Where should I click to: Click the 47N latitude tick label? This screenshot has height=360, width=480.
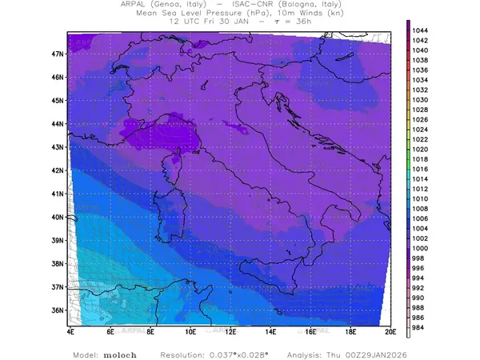pos(58,54)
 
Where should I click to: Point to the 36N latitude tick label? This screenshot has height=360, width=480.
pos(58,310)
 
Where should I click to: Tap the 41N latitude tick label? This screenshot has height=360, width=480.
pos(58,193)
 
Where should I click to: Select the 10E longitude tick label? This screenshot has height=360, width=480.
pos(190,331)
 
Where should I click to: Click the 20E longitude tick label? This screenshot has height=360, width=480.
pos(390,331)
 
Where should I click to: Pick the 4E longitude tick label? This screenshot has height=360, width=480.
pos(70,331)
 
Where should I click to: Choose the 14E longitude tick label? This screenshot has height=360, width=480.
pos(270,331)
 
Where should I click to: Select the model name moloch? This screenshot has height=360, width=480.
pos(118,353)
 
